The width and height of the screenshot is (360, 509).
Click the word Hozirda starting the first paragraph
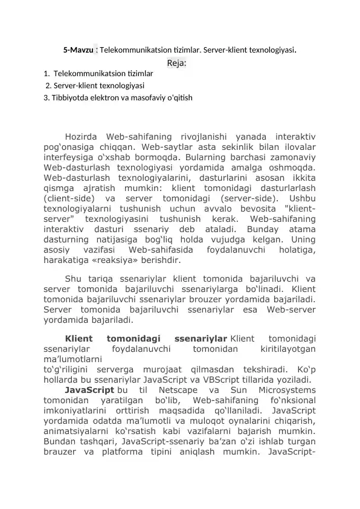point(82,137)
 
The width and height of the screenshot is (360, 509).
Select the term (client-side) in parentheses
point(69,199)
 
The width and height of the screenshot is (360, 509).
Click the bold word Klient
point(79,339)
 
